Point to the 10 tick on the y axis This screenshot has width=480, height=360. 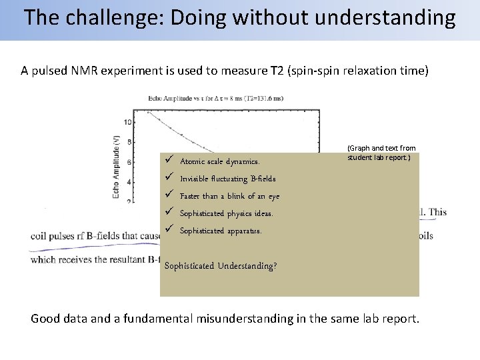coord(128,122)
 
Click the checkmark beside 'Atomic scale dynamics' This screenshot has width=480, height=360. coord(169,161)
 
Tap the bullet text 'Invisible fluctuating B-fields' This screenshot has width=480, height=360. coord(227,179)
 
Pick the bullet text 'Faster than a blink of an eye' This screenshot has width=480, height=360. coord(229,196)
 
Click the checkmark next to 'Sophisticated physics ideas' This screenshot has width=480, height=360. coord(169,213)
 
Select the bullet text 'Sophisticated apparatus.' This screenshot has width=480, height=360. coord(221,231)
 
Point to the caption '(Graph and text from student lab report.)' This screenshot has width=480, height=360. coord(381,153)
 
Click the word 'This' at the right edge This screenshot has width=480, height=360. coord(437,213)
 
